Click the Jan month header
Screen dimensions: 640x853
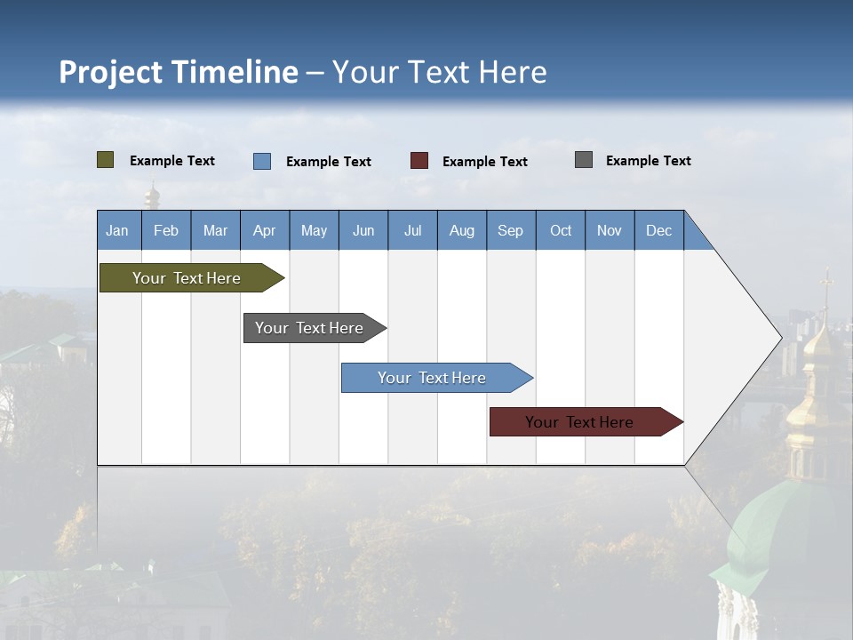(118, 230)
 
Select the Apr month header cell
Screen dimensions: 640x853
(265, 230)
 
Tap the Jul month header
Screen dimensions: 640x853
(412, 230)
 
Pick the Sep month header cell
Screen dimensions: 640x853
(511, 230)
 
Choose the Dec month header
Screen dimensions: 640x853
(658, 230)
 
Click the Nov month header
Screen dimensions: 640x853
(610, 230)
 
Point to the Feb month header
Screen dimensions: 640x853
(166, 230)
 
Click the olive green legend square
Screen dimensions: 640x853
(105, 160)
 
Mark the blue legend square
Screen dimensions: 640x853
(262, 161)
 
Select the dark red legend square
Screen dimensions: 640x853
(419, 161)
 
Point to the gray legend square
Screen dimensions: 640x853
(584, 160)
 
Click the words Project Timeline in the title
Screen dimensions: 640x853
(178, 72)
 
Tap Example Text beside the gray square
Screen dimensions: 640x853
(648, 160)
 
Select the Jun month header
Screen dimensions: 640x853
(363, 230)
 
